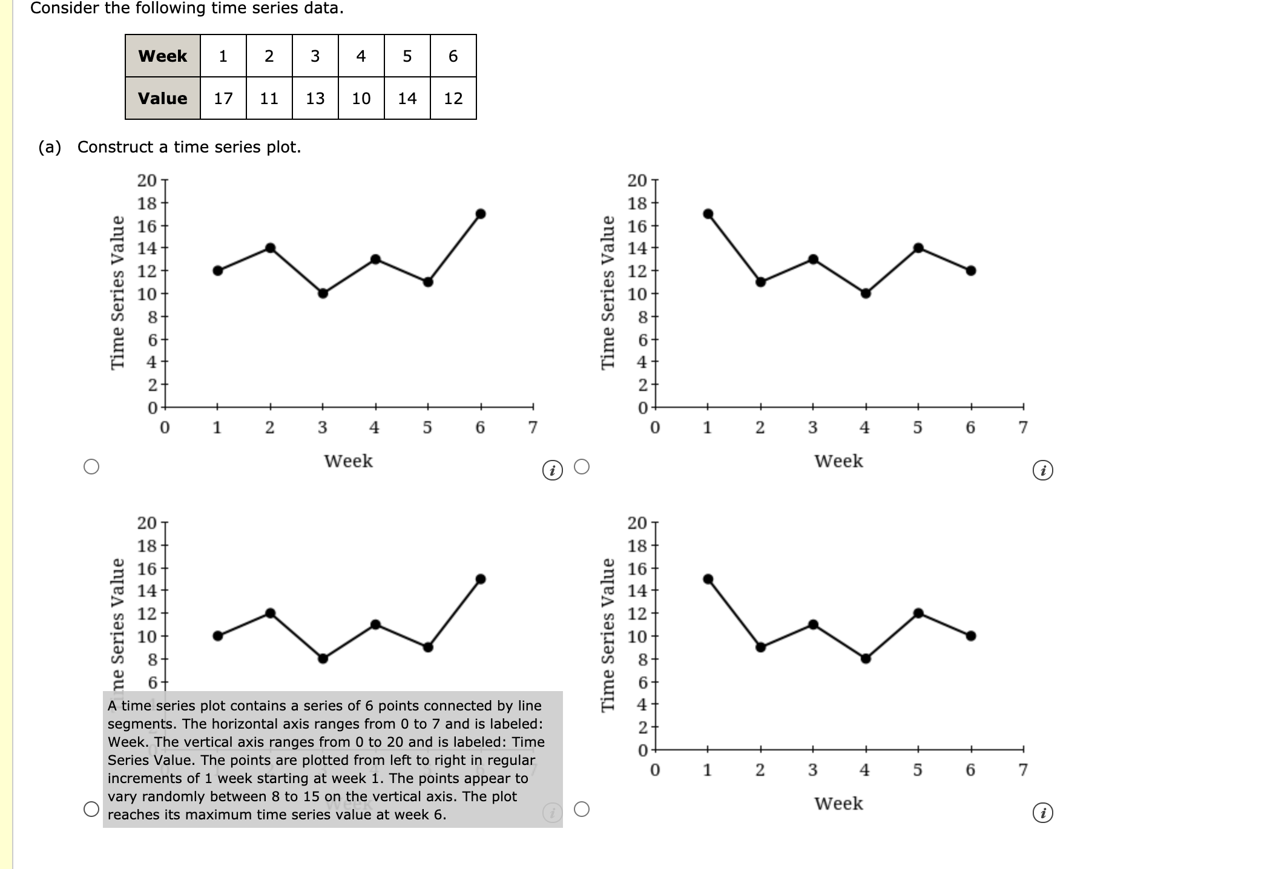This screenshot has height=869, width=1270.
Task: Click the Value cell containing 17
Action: coord(223,98)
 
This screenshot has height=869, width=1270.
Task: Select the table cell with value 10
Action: coord(361,98)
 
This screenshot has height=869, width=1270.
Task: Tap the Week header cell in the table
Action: coord(162,56)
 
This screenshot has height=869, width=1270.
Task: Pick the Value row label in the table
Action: coord(162,98)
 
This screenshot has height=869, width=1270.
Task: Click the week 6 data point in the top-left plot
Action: coord(481,214)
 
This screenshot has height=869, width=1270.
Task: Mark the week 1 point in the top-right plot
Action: coord(708,214)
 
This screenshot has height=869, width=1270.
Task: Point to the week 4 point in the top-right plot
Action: coord(866,293)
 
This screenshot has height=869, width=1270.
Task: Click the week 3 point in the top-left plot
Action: coord(323,293)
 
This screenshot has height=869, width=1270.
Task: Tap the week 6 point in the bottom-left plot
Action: coord(481,579)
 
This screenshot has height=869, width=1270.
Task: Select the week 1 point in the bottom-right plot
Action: coord(708,579)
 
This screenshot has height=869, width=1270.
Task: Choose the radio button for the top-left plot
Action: coord(91,467)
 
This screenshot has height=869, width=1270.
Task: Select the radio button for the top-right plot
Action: coord(582,467)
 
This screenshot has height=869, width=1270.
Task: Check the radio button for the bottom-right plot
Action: coord(582,809)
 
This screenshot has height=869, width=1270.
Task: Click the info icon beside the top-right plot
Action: coord(1042,470)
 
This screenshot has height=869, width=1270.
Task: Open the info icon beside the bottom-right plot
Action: coord(1042,813)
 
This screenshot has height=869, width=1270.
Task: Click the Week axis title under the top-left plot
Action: coord(348,461)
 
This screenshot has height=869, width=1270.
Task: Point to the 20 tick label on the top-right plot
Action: coord(637,180)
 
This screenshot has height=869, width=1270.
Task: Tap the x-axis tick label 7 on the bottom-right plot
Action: coord(1023,770)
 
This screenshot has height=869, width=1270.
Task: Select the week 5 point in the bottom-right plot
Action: coord(918,613)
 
